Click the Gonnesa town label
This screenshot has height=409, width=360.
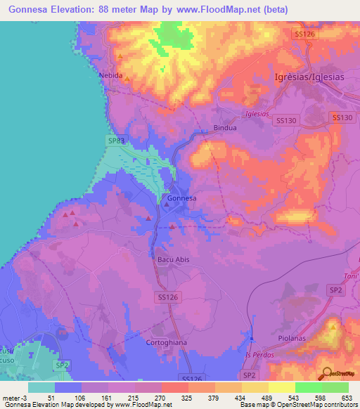[x=181, y=199]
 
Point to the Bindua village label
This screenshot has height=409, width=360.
[x=225, y=129]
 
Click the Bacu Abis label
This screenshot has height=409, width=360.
[x=170, y=259]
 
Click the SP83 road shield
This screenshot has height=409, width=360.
[x=117, y=141]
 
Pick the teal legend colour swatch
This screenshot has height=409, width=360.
[x=41, y=387]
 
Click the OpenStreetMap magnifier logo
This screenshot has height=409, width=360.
[x=326, y=372]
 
